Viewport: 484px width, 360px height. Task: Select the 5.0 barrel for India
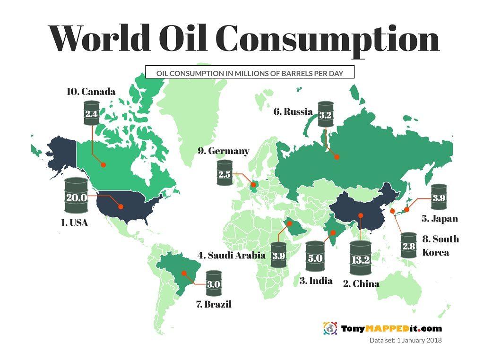[315, 258]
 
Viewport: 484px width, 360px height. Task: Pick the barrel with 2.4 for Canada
[92, 113]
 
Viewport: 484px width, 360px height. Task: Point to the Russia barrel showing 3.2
[326, 114]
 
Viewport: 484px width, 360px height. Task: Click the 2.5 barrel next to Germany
[225, 174]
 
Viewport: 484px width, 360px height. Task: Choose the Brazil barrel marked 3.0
[214, 284]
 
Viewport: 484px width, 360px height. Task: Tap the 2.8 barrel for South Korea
[408, 246]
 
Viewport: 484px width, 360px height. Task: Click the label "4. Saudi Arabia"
[232, 256]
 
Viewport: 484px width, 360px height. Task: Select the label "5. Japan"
[440, 219]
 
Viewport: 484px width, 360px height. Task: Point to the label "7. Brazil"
[214, 304]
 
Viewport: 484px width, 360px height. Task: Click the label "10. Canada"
[91, 91]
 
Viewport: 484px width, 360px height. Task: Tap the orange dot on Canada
[103, 164]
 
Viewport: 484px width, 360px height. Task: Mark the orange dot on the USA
[121, 206]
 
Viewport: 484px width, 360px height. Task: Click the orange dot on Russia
[337, 157]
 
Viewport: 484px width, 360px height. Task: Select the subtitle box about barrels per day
[250, 73]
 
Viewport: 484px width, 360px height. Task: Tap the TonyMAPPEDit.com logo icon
[329, 328]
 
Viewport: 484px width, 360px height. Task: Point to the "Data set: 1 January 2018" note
[405, 340]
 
